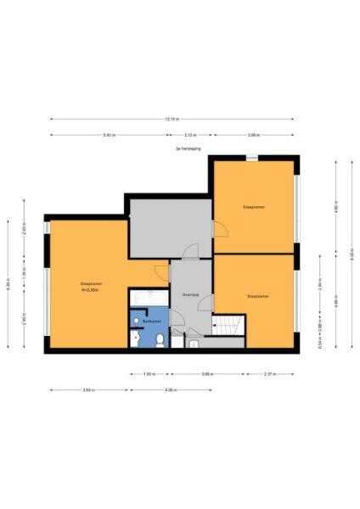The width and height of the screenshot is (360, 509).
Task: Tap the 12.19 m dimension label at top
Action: (x=172, y=119)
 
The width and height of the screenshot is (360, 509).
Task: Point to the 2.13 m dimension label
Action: (x=191, y=135)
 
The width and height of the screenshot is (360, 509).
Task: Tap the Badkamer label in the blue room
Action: (x=152, y=322)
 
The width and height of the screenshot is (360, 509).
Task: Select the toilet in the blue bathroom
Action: (x=160, y=341)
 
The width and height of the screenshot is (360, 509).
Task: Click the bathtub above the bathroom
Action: (x=149, y=298)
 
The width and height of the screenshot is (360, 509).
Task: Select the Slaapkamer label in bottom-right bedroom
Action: (x=257, y=297)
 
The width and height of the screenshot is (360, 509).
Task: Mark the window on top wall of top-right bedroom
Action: (x=252, y=158)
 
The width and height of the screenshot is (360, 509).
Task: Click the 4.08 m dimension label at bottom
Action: (x=170, y=390)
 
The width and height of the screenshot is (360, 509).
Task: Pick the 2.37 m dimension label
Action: (x=270, y=373)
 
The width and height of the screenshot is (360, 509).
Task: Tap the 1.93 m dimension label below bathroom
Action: (x=149, y=373)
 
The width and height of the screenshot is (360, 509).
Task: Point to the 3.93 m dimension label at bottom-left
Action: (x=87, y=390)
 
